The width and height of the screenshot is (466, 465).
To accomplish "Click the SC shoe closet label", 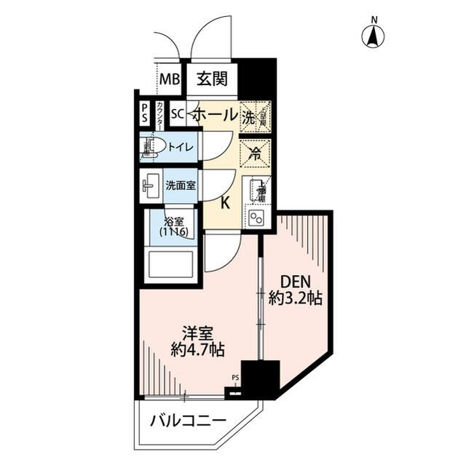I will coord(177,114).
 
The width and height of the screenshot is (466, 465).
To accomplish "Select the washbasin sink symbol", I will coord(151,186).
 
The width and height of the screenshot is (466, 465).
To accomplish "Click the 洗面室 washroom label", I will coord(180,186).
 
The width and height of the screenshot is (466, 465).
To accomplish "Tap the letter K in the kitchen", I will coord(225,203).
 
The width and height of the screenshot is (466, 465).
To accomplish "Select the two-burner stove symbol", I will coord(256,218).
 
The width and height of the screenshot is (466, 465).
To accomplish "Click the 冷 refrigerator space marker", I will coord(255,153).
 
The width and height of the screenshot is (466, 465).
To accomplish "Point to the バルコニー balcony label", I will coord(189,421).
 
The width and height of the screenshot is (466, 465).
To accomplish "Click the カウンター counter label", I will coord(159,114).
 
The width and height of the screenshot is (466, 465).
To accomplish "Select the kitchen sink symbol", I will coord(257,190).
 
